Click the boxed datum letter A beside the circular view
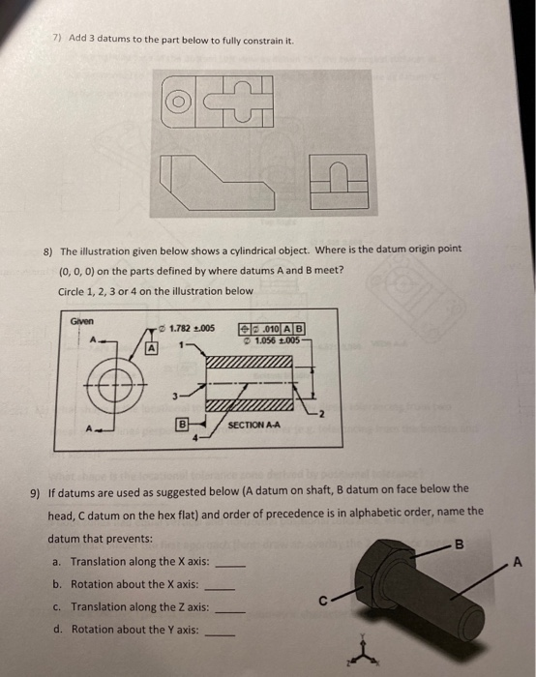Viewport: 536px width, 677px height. [152, 347]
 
